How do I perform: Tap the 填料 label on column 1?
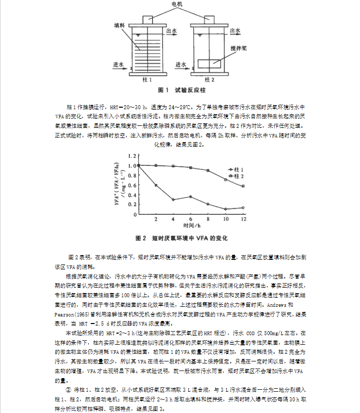(x=120, y=25)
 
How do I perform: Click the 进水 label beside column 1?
(x=119, y=65)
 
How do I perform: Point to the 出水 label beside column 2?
(x=235, y=30)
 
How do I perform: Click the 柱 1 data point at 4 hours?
(x=173, y=200)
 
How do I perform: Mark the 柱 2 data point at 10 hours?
(x=226, y=179)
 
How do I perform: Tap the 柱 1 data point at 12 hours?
(x=243, y=207)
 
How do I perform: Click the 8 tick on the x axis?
(x=208, y=220)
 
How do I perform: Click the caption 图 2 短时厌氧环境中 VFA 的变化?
(x=182, y=238)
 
